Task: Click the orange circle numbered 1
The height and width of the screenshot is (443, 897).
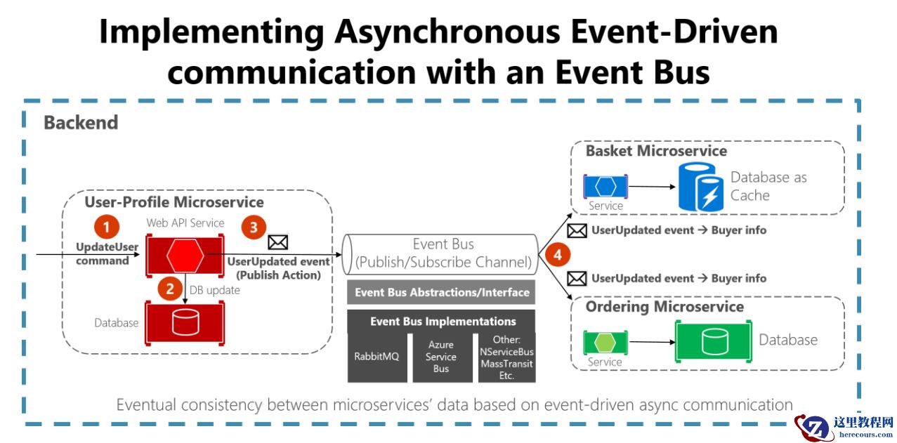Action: click(x=107, y=227)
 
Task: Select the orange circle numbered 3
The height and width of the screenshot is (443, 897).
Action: click(x=254, y=227)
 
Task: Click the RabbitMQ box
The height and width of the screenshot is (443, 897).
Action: click(x=377, y=356)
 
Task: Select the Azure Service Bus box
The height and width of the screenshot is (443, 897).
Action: click(x=441, y=356)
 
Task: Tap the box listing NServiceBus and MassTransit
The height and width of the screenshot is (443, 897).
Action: click(x=506, y=356)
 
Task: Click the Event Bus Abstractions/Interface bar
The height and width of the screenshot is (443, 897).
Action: click(x=441, y=292)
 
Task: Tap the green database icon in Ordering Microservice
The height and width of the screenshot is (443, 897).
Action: click(x=712, y=341)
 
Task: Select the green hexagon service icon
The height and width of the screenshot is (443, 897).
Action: click(x=605, y=342)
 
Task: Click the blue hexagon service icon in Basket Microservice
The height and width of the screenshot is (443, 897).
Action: click(x=605, y=186)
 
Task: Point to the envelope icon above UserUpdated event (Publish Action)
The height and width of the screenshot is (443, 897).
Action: click(x=278, y=243)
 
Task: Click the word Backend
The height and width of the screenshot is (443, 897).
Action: click(x=81, y=123)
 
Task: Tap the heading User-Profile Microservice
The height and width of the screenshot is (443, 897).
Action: click(x=174, y=203)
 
